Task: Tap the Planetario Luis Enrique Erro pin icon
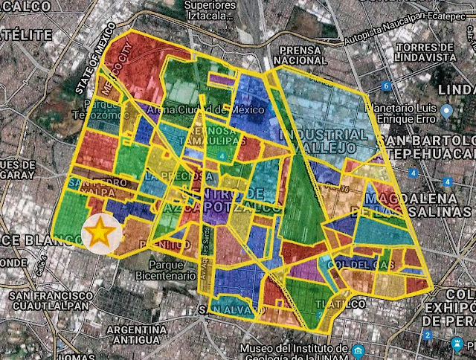[x=446, y=112]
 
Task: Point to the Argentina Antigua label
[x=135, y=335]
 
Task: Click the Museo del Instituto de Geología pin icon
[x=358, y=350]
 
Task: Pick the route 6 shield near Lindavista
[x=386, y=86]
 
